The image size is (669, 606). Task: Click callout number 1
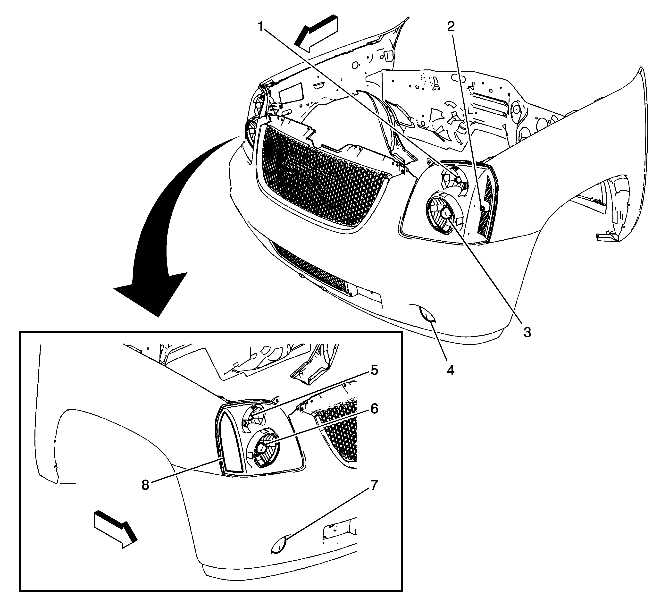point(261,26)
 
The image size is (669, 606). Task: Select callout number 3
point(527,332)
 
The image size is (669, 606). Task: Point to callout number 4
point(450,370)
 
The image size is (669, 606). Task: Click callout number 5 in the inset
point(374,370)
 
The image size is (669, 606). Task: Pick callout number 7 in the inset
point(374,485)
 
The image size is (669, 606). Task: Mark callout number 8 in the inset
point(145,485)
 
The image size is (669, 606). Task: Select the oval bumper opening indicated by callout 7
point(279,546)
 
